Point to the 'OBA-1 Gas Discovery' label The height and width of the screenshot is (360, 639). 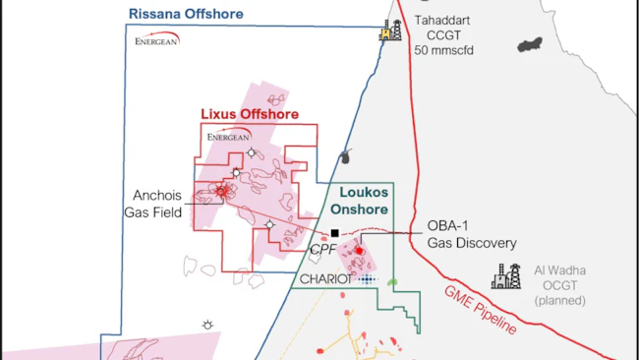pos(472,234)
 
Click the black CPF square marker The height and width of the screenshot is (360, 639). pos(334,233)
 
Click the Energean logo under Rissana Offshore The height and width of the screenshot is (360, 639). pos(157,42)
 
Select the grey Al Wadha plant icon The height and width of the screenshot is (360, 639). pos(510,277)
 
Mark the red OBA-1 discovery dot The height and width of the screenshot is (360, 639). pos(360,251)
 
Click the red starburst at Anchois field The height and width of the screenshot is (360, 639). pos(222,191)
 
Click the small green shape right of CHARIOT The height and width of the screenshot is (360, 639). pos(392,282)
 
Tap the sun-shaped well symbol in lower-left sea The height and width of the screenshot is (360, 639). pos(207,325)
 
